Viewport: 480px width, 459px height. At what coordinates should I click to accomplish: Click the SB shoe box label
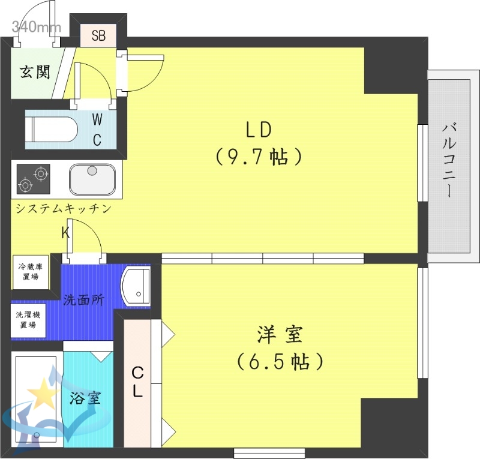(99, 35)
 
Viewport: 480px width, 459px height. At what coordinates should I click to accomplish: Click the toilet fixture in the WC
(52, 128)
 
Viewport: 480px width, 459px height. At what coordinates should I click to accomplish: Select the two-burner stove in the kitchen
(33, 179)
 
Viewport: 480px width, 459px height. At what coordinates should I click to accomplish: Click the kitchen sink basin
(92, 178)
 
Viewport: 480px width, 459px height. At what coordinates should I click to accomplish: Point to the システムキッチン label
(64, 209)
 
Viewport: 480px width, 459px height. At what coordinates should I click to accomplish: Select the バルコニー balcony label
(451, 160)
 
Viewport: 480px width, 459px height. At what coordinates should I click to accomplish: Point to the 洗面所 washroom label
(83, 299)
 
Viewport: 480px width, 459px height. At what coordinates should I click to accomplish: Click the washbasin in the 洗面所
(137, 286)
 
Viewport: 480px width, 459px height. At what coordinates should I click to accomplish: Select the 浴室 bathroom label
(85, 397)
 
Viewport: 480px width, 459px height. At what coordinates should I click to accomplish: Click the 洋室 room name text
(280, 335)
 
